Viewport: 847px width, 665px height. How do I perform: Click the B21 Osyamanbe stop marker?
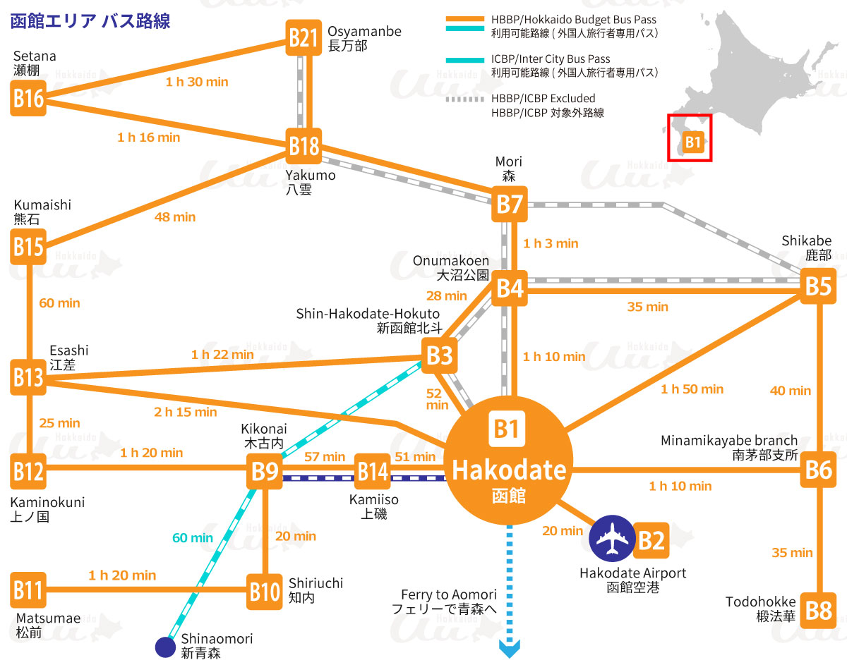click(304, 37)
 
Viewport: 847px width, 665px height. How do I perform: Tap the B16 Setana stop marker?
click(28, 98)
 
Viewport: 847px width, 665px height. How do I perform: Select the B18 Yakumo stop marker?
click(304, 146)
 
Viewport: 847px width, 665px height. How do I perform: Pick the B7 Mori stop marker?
click(510, 205)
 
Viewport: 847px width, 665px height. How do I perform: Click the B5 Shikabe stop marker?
click(819, 286)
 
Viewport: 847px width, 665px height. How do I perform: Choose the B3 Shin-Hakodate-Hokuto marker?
click(440, 355)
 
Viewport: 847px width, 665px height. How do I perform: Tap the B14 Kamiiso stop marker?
click(372, 471)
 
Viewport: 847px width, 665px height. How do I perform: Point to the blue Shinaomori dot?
click(165, 646)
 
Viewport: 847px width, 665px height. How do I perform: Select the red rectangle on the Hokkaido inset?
click(690, 138)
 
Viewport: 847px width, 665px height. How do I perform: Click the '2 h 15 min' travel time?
click(186, 412)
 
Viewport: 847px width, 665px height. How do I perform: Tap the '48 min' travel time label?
click(175, 217)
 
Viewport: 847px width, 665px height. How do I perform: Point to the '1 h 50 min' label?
click(692, 389)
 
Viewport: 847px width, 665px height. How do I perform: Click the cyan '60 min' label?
click(193, 538)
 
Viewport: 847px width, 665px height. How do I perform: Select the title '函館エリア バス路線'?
click(90, 20)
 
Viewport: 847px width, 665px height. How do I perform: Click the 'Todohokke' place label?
click(760, 602)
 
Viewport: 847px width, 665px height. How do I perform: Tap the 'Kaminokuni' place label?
click(47, 502)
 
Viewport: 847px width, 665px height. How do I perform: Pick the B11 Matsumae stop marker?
click(28, 590)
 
